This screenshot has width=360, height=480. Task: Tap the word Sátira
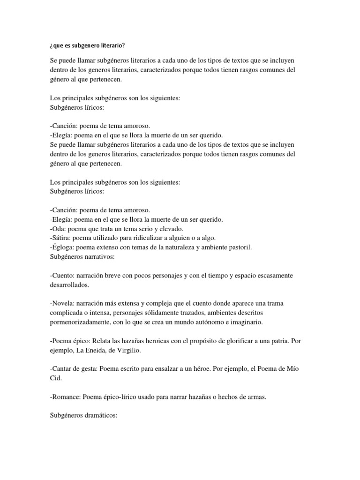point(61,238)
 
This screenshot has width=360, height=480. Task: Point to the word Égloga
point(62,247)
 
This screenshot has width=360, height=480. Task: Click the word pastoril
point(239,247)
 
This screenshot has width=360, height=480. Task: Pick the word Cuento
point(62,275)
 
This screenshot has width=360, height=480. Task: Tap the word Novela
point(62,303)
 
